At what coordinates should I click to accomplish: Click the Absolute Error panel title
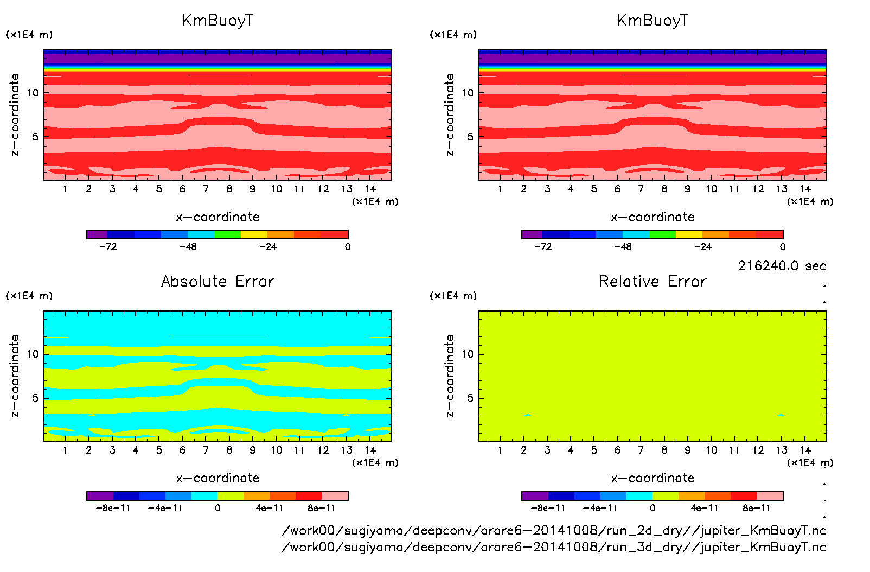(217, 281)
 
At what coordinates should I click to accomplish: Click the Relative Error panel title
(652, 281)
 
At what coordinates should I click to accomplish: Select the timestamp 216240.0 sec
(782, 266)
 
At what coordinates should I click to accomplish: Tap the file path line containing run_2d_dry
(553, 530)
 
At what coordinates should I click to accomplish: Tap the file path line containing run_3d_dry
(553, 546)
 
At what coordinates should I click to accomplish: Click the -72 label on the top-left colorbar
(108, 246)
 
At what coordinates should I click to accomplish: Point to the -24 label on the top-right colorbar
(702, 246)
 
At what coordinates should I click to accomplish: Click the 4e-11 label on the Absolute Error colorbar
(270, 508)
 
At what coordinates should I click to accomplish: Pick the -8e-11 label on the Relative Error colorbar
(548, 508)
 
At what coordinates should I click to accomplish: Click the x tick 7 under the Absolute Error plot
(206, 450)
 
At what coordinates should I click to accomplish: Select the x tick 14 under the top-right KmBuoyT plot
(805, 189)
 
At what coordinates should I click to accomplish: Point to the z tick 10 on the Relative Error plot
(468, 354)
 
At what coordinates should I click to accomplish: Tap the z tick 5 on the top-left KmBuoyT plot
(35, 137)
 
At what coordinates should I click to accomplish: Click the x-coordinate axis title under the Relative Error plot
(652, 478)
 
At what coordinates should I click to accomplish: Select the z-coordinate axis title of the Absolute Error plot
(15, 376)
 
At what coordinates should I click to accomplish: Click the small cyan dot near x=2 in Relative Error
(527, 415)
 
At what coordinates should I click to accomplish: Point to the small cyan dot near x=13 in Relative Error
(781, 415)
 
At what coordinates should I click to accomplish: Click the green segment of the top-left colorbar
(227, 234)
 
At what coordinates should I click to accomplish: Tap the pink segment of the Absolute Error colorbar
(335, 495)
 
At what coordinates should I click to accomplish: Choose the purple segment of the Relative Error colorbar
(535, 495)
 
